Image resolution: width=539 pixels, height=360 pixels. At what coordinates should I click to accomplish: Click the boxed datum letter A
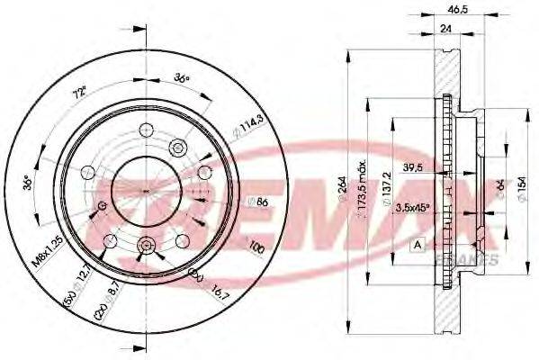(418, 244)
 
